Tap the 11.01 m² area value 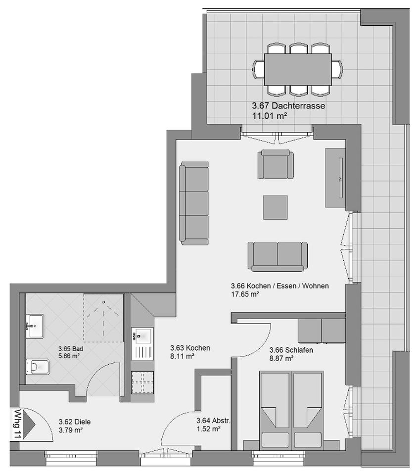[x=270, y=116]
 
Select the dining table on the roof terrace [x=298, y=69]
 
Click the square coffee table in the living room [x=275, y=207]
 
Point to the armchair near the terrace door [x=275, y=165]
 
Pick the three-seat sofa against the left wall [x=194, y=203]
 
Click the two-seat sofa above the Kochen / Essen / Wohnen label [x=278, y=256]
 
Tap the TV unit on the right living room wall [x=335, y=178]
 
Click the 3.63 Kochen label [x=190, y=348]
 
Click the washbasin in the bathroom [x=35, y=326]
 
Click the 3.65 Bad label [x=70, y=348]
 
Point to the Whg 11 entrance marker [x=17, y=424]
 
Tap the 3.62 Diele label [x=75, y=422]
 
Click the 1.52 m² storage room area [x=208, y=429]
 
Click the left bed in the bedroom [x=275, y=406]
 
